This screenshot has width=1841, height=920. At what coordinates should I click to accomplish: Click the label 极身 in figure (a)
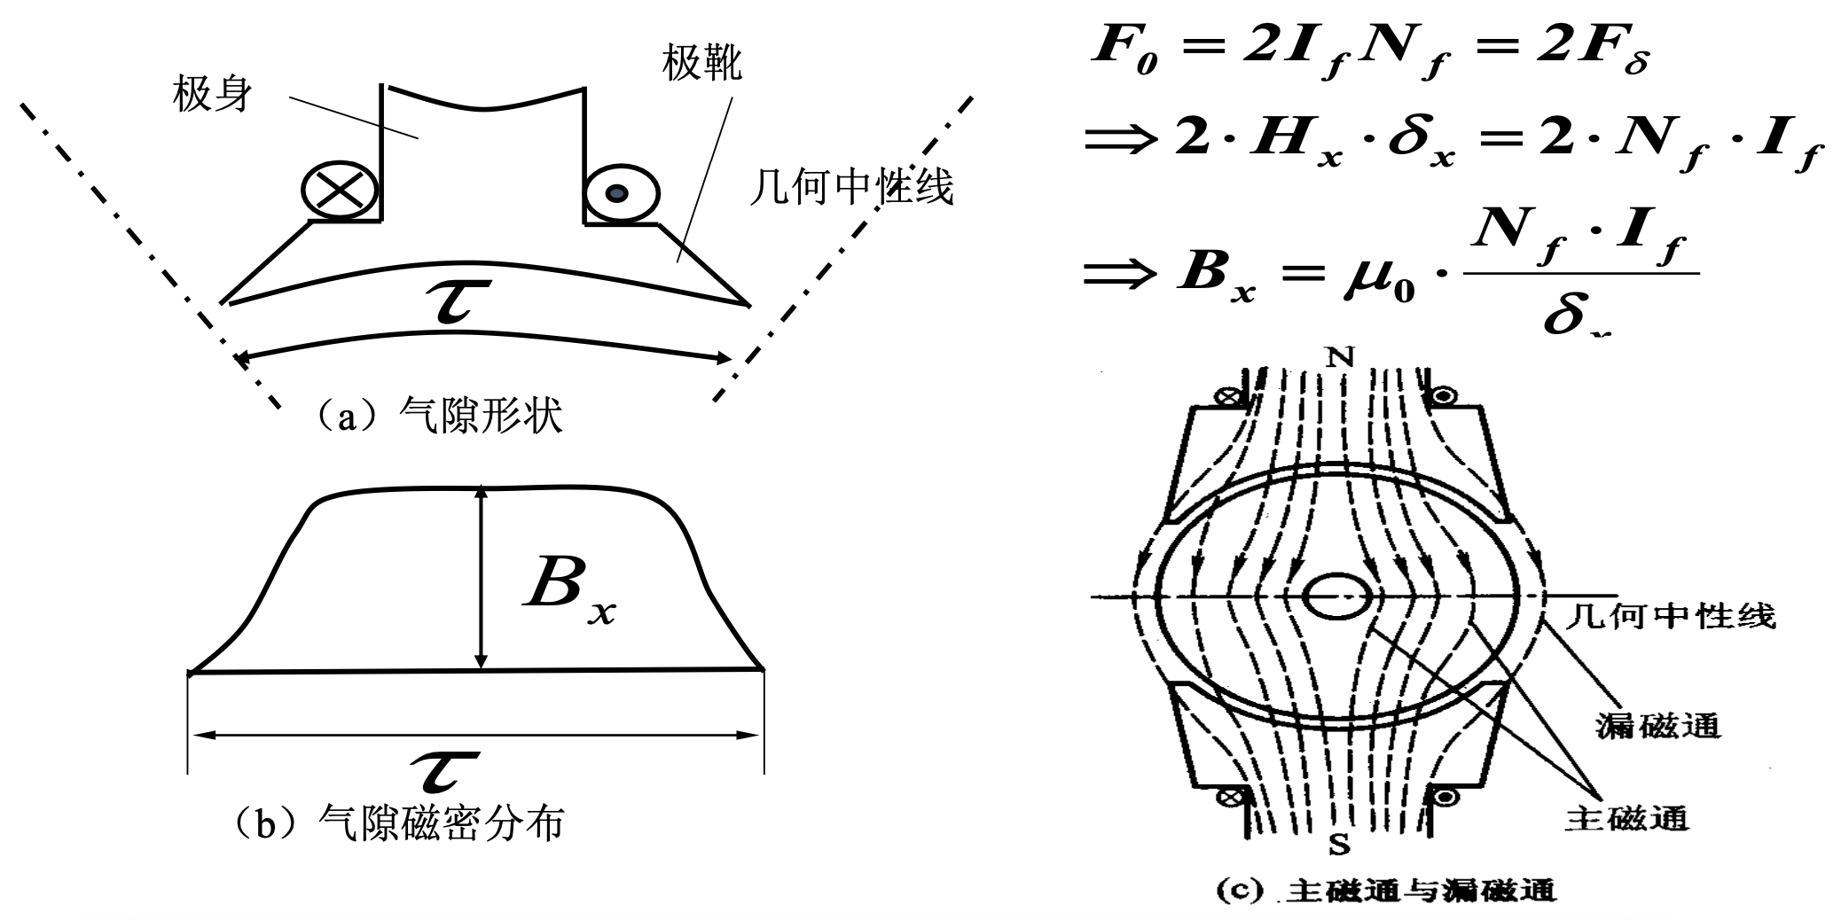212,94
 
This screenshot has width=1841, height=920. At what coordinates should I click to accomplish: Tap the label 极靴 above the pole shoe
701,63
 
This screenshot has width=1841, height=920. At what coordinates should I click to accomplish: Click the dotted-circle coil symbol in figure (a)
620,192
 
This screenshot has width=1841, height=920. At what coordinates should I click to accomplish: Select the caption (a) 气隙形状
438,415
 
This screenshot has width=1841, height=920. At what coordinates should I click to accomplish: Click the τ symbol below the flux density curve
446,768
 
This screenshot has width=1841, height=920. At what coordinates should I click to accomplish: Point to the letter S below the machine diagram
1339,845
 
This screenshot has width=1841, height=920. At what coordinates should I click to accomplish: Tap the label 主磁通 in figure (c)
1626,818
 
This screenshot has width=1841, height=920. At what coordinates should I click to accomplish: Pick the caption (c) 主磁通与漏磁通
1384,890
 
